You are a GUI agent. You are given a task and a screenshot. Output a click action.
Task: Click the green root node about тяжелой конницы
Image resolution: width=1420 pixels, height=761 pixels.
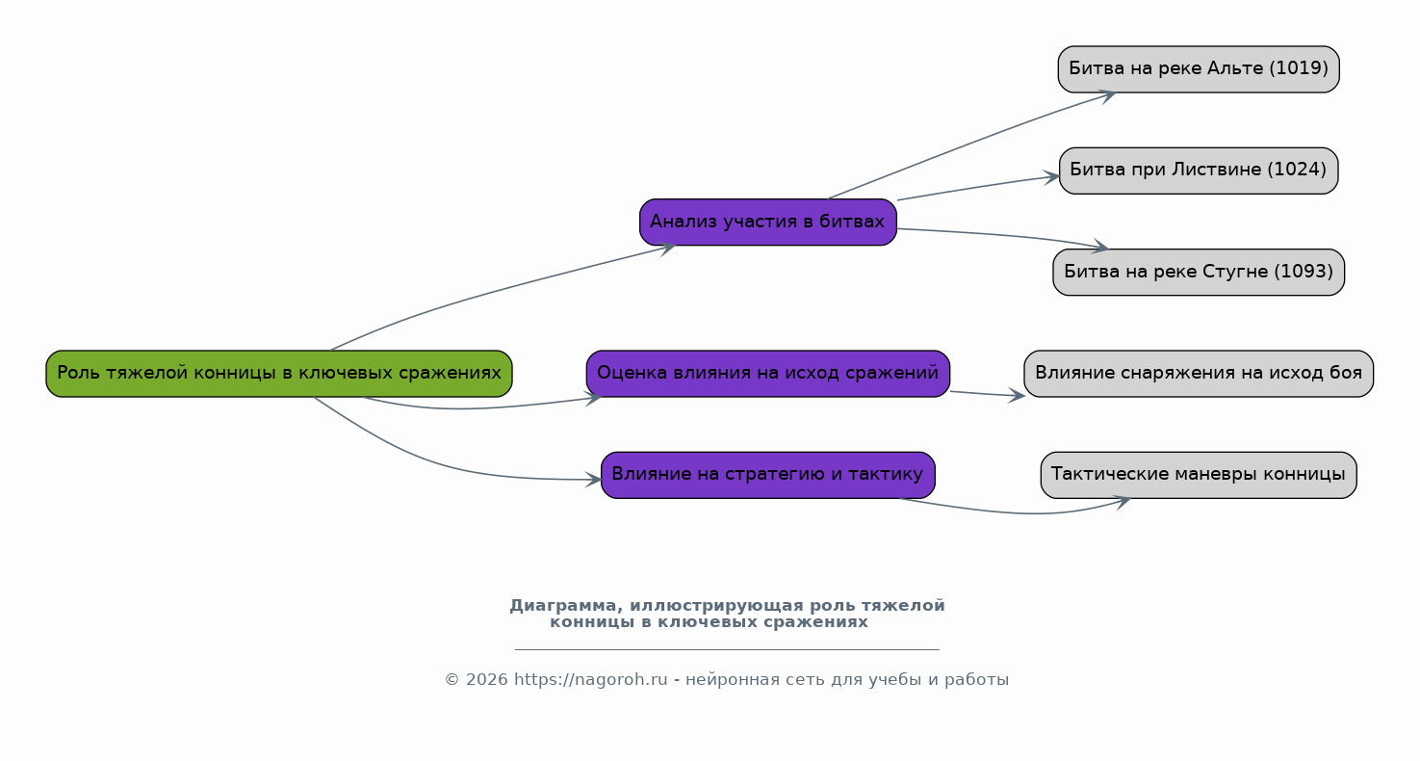coord(279,374)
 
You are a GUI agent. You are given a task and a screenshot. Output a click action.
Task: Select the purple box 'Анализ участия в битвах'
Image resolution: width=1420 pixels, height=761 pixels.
coord(767,222)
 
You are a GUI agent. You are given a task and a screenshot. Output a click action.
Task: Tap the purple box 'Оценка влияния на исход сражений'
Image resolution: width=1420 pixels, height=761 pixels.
coord(767,374)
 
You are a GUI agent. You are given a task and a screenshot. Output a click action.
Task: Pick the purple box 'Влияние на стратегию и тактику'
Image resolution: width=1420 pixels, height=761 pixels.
coord(767,475)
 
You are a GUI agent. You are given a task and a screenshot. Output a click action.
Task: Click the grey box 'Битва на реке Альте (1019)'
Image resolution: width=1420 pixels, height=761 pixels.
coord(1199,69)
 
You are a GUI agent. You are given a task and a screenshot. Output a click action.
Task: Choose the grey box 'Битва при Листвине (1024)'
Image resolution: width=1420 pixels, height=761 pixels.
coord(1199,171)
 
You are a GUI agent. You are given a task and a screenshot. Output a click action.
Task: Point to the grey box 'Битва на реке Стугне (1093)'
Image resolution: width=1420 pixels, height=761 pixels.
coord(1199,272)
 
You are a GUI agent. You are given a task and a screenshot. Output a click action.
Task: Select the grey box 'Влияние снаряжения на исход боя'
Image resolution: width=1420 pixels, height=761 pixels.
coord(1199,374)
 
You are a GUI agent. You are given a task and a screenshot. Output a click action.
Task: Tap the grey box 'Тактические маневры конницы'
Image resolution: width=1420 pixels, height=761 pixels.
coord(1199,475)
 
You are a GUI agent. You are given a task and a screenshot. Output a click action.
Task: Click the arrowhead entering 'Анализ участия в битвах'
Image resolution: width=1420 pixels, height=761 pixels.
coord(667,249)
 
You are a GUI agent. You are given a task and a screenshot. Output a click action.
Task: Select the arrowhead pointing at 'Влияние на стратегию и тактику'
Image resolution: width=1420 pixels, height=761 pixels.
coord(593,480)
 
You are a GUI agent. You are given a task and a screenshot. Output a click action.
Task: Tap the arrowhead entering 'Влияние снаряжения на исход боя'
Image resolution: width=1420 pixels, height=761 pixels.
coord(1017,396)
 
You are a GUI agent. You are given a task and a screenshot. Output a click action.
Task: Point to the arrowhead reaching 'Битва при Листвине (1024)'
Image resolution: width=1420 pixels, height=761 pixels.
coord(1051,178)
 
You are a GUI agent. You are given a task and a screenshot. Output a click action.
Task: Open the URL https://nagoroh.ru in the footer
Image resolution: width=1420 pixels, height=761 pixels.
coord(590,680)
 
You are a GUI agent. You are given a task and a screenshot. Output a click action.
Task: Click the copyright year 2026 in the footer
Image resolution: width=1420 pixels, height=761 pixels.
coord(486,680)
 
